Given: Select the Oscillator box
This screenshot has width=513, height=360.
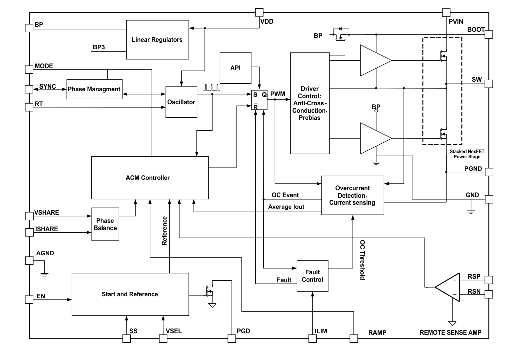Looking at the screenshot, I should (182, 102).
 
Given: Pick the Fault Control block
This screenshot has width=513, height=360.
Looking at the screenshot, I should (313, 275).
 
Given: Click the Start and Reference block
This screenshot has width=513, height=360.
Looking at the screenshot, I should (130, 294).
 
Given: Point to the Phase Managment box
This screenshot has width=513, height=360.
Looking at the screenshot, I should (95, 89).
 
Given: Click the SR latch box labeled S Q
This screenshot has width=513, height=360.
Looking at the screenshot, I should (260, 99).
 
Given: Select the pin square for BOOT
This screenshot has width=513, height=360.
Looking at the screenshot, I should (488, 35).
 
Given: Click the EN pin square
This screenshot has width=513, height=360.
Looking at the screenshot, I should (29, 299).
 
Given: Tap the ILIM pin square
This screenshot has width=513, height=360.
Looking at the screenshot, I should (313, 338).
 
